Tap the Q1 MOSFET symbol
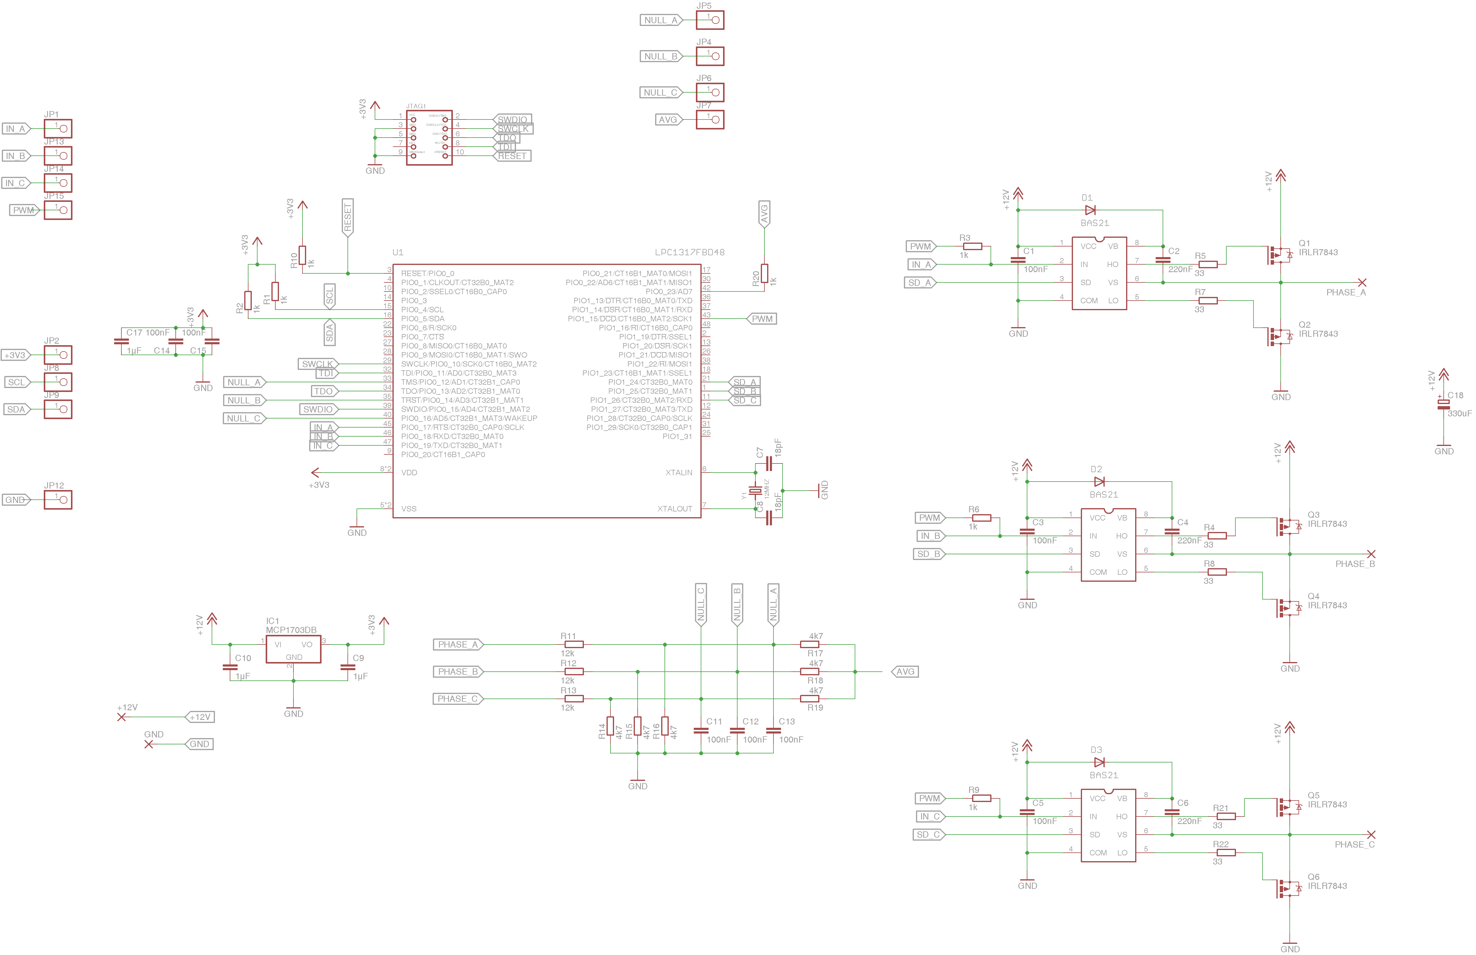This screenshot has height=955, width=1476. [1279, 255]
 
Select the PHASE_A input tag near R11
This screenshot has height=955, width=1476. [458, 645]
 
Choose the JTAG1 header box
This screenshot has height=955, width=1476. [429, 138]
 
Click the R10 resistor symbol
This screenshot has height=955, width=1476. [302, 255]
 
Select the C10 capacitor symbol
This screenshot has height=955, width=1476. [230, 667]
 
